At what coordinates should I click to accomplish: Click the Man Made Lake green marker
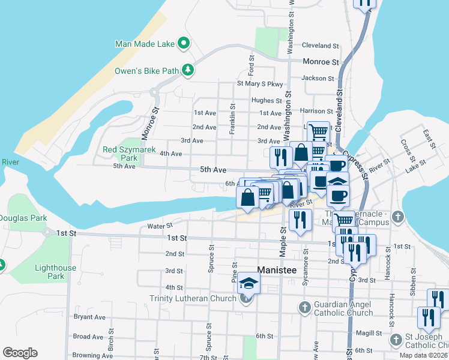pos(184,43)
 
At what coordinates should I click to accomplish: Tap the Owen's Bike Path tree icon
pos(188,70)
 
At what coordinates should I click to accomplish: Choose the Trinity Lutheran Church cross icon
pos(246,298)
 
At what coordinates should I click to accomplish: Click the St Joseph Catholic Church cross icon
pos(396,340)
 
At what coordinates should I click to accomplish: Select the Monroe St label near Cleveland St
pos(321,61)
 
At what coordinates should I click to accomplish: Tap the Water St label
pos(160,226)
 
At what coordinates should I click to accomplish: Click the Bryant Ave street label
pos(89,317)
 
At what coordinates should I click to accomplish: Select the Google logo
pos(20,353)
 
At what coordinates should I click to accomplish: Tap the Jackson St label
pos(318,78)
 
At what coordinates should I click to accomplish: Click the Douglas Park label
pos(16,217)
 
